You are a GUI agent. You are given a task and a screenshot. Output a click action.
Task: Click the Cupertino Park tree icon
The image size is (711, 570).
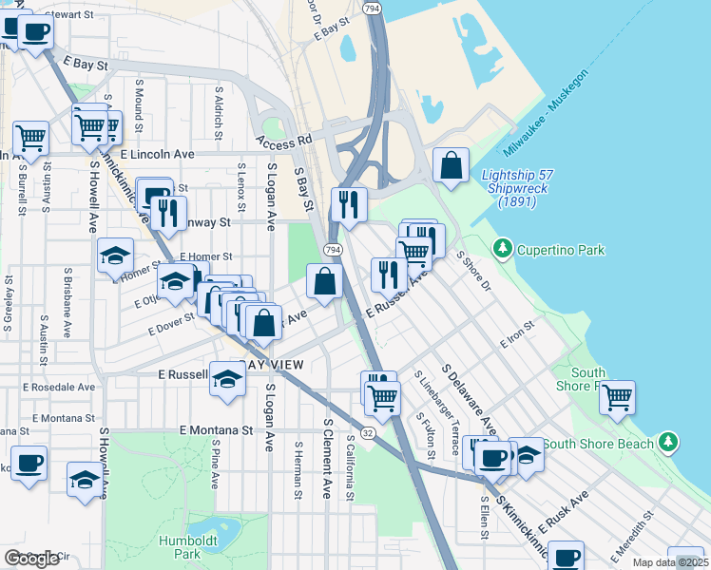point(502,250)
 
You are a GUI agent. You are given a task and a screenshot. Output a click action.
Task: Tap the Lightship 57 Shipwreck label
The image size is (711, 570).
point(521,188)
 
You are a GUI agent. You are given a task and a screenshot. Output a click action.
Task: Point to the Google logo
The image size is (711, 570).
point(31,559)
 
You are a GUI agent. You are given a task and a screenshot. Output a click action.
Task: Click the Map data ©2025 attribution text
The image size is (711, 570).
point(670,562)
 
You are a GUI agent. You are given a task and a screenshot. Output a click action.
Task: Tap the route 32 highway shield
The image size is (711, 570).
point(367,432)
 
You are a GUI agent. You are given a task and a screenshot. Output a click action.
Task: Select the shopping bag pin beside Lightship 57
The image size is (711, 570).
point(451,164)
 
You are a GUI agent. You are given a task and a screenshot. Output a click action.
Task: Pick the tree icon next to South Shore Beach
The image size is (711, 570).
point(669,442)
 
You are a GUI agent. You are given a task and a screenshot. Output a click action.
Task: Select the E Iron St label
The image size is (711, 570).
point(518,334)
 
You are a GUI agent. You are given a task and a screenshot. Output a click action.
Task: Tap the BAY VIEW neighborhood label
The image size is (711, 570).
point(274,366)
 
